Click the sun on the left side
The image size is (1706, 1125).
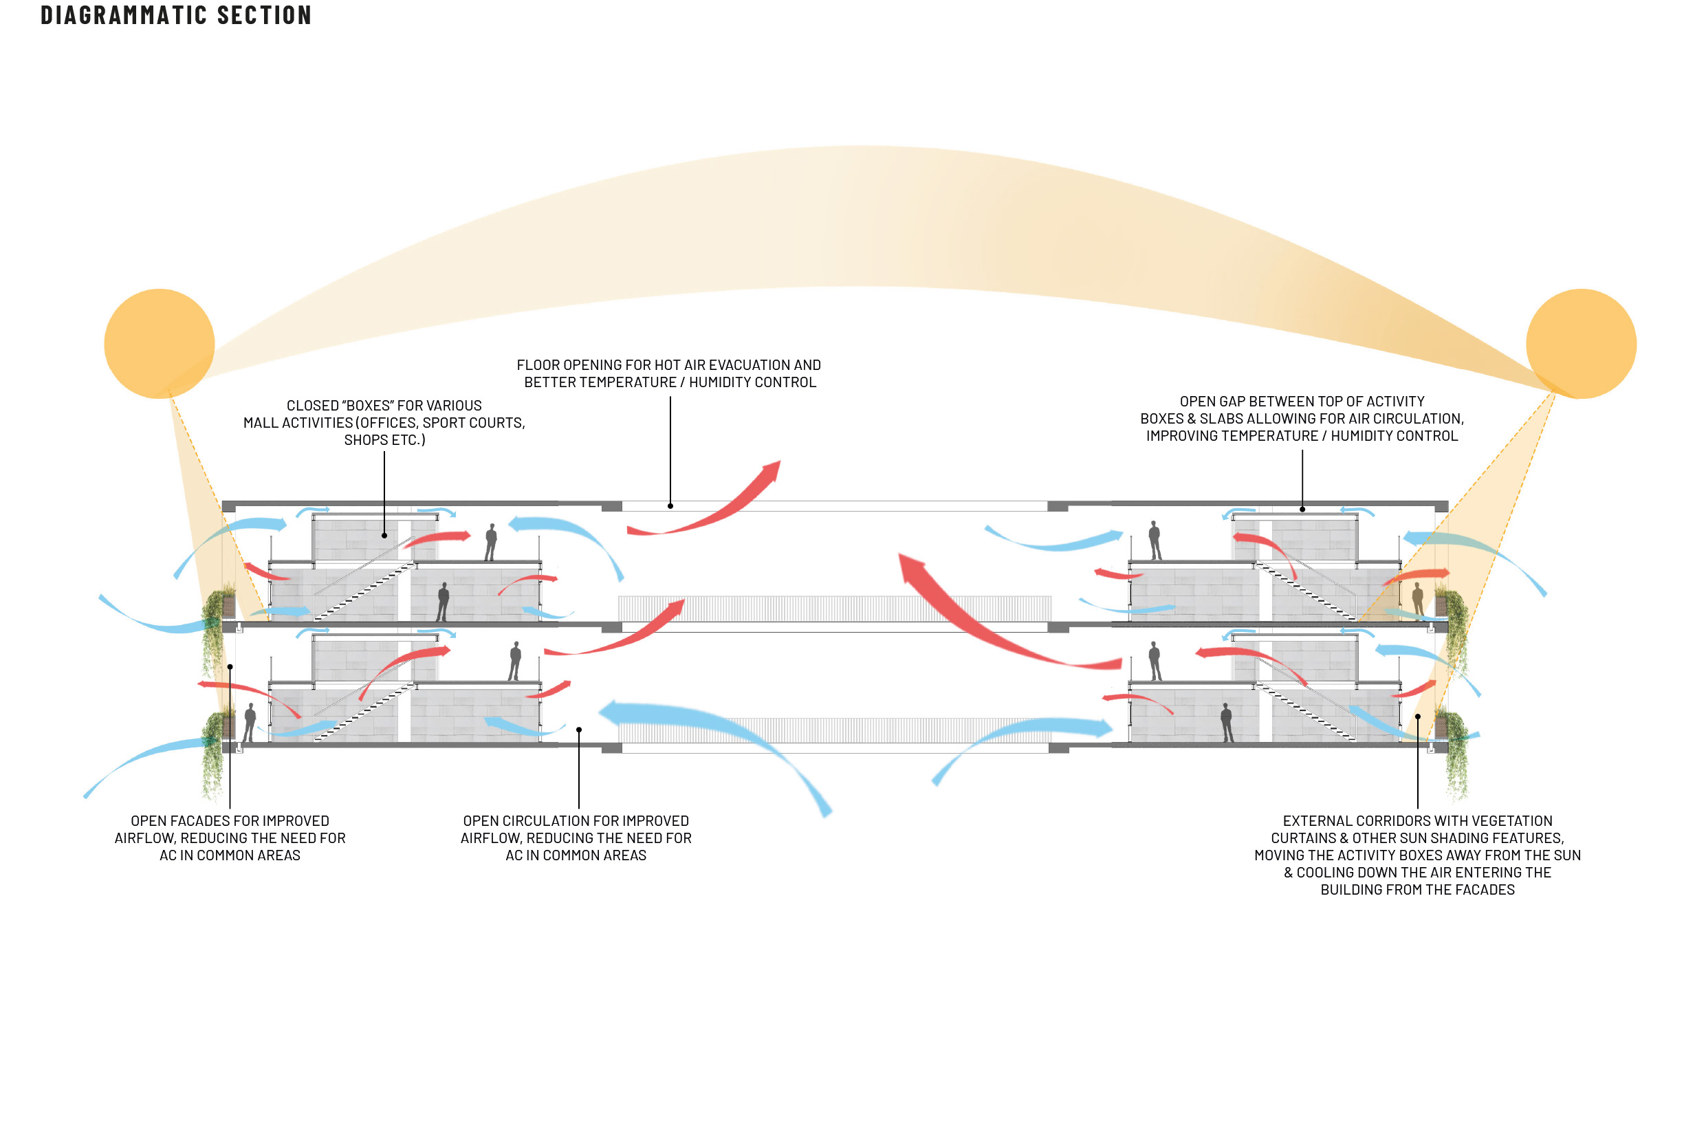pos(160,343)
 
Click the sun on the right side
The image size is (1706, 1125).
pos(1580,343)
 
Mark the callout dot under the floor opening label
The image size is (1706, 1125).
pos(670,506)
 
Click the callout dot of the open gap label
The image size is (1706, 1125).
pos(1302,510)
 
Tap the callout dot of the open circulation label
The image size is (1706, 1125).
pos(578,730)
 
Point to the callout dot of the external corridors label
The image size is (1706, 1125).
pos(1418,717)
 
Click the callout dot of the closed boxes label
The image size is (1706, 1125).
pos(384,535)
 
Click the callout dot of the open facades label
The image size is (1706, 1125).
pos(230,667)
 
